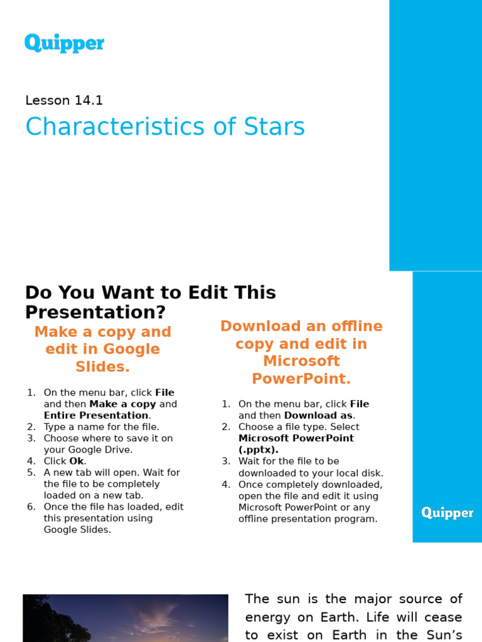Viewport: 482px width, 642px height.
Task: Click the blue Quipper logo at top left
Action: (64, 43)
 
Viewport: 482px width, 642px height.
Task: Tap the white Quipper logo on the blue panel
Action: (447, 513)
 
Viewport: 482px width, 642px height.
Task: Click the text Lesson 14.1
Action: (64, 100)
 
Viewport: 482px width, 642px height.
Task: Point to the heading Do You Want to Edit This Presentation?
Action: (151, 302)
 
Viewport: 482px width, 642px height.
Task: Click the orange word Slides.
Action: (102, 367)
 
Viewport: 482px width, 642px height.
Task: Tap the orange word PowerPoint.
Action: (301, 379)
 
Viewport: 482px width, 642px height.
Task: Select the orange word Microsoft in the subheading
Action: (301, 361)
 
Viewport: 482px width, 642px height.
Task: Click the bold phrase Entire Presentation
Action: (96, 415)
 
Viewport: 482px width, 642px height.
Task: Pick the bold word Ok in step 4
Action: (77, 461)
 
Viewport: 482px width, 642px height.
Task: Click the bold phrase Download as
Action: (319, 415)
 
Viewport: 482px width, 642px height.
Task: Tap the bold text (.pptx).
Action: (258, 450)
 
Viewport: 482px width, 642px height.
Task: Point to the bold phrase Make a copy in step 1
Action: (122, 404)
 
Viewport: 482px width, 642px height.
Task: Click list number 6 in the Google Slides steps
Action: (31, 507)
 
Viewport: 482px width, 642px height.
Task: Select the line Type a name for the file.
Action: (102, 427)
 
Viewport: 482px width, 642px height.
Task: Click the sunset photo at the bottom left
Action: (126, 618)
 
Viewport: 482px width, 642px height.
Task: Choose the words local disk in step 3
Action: (360, 473)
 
